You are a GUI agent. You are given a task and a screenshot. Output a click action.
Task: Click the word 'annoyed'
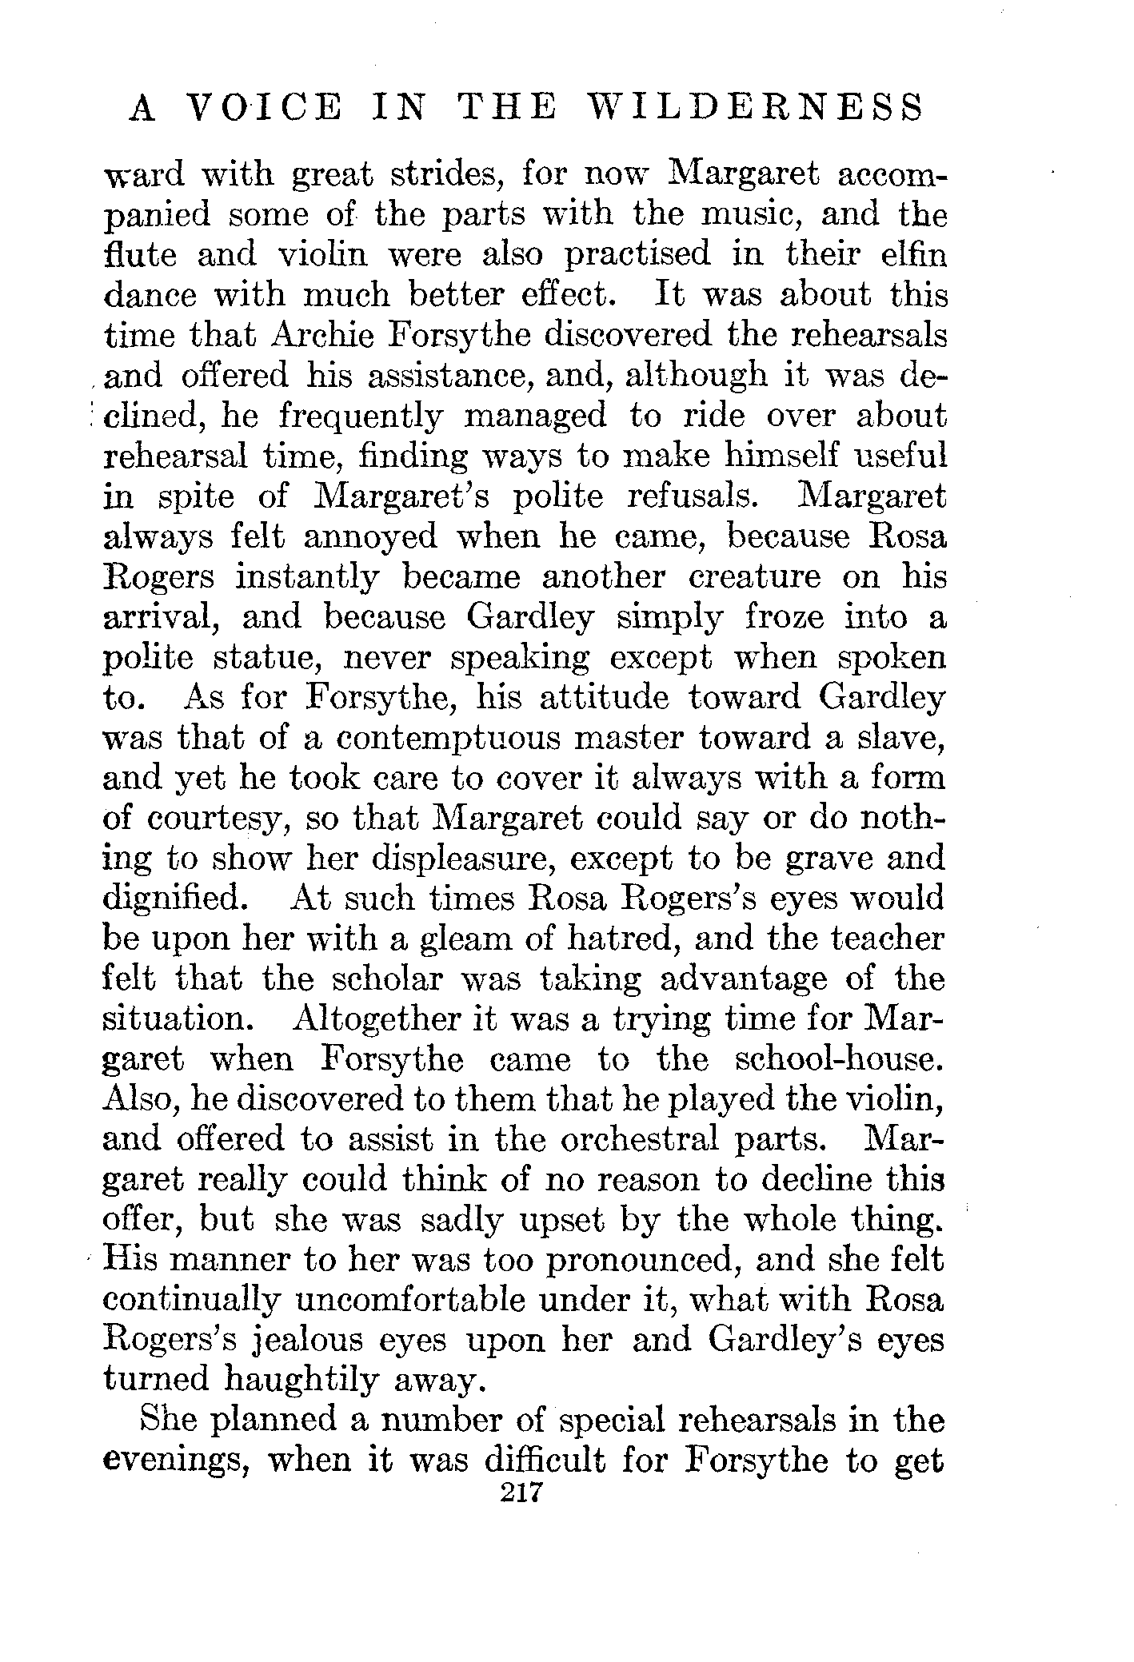370,537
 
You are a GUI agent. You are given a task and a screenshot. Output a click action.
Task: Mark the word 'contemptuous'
449,739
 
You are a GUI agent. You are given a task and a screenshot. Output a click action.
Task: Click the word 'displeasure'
449,860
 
